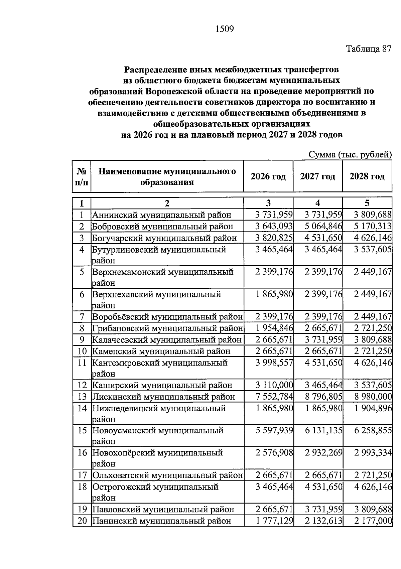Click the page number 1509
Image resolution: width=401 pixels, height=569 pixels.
224,29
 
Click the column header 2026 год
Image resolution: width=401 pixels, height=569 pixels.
268,176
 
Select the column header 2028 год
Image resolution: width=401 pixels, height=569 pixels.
367,176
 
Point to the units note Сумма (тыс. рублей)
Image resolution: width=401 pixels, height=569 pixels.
350,155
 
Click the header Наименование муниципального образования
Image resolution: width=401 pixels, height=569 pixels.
167,177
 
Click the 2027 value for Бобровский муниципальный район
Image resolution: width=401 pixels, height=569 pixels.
323,226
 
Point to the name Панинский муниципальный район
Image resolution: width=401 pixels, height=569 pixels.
161,521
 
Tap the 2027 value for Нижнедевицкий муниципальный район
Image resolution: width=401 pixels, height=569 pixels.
323,408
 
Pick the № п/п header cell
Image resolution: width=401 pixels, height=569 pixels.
82,177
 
